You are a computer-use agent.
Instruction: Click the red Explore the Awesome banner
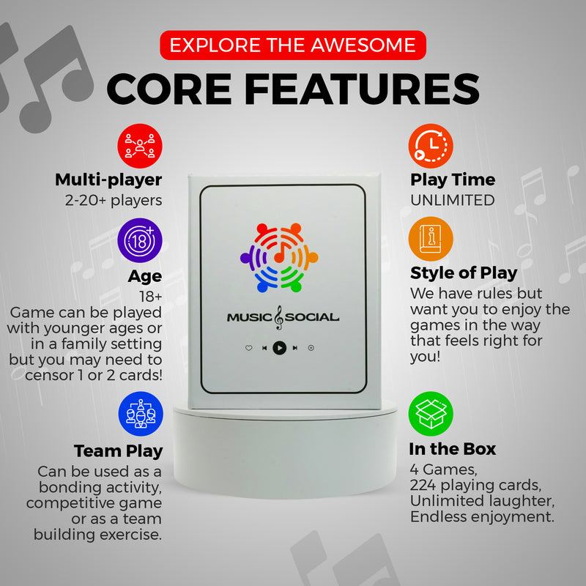(x=293, y=45)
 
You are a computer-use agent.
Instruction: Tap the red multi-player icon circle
(x=140, y=146)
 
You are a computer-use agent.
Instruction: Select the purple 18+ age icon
(x=140, y=240)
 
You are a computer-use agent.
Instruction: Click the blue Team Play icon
(x=141, y=414)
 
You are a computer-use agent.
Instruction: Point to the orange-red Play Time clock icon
(x=431, y=146)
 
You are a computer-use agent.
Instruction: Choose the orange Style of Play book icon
(x=431, y=240)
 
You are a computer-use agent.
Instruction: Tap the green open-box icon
(x=431, y=414)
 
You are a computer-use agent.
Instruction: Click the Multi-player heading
(x=108, y=179)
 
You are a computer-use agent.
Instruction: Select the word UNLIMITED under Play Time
(x=452, y=200)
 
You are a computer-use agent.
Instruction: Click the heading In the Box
(x=452, y=449)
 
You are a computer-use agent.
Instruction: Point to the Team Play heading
(x=118, y=451)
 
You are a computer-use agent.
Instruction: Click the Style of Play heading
(x=464, y=273)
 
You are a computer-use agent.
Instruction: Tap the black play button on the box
(x=280, y=348)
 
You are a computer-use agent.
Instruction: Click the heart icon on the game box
(x=248, y=348)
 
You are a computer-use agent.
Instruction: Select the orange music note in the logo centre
(x=281, y=253)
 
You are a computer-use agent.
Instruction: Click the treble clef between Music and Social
(x=279, y=318)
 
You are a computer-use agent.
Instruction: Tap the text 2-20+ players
(x=114, y=201)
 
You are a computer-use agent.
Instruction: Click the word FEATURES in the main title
(x=361, y=89)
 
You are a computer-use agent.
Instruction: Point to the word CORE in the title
(x=169, y=89)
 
